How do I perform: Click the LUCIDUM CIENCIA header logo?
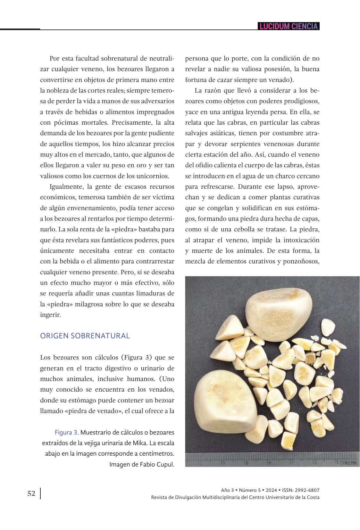(289, 26)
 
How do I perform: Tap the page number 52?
(31, 493)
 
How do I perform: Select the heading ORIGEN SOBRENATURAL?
(85, 336)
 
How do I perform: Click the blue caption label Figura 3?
(67, 433)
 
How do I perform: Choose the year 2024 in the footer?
(271, 490)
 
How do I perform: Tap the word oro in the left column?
(135, 165)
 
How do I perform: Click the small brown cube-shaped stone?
(310, 358)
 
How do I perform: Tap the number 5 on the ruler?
(247, 463)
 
